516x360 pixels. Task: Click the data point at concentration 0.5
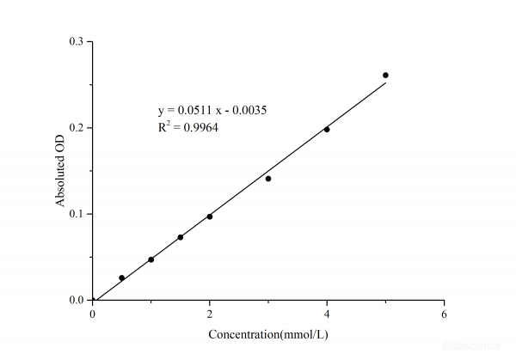point(121,278)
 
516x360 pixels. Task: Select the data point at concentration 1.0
point(150,259)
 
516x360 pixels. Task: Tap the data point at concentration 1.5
point(180,237)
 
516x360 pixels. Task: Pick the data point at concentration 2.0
point(209,217)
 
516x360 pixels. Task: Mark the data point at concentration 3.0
point(268,179)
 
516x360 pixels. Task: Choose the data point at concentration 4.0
point(327,130)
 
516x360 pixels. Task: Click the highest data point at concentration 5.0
point(385,75)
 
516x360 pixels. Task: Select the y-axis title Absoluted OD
point(61,171)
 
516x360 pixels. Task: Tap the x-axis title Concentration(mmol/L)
point(267,333)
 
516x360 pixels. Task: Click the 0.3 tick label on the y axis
point(77,41)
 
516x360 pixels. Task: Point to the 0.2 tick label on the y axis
point(77,127)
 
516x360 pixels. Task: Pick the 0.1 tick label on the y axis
point(77,214)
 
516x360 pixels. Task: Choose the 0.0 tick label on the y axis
point(77,300)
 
